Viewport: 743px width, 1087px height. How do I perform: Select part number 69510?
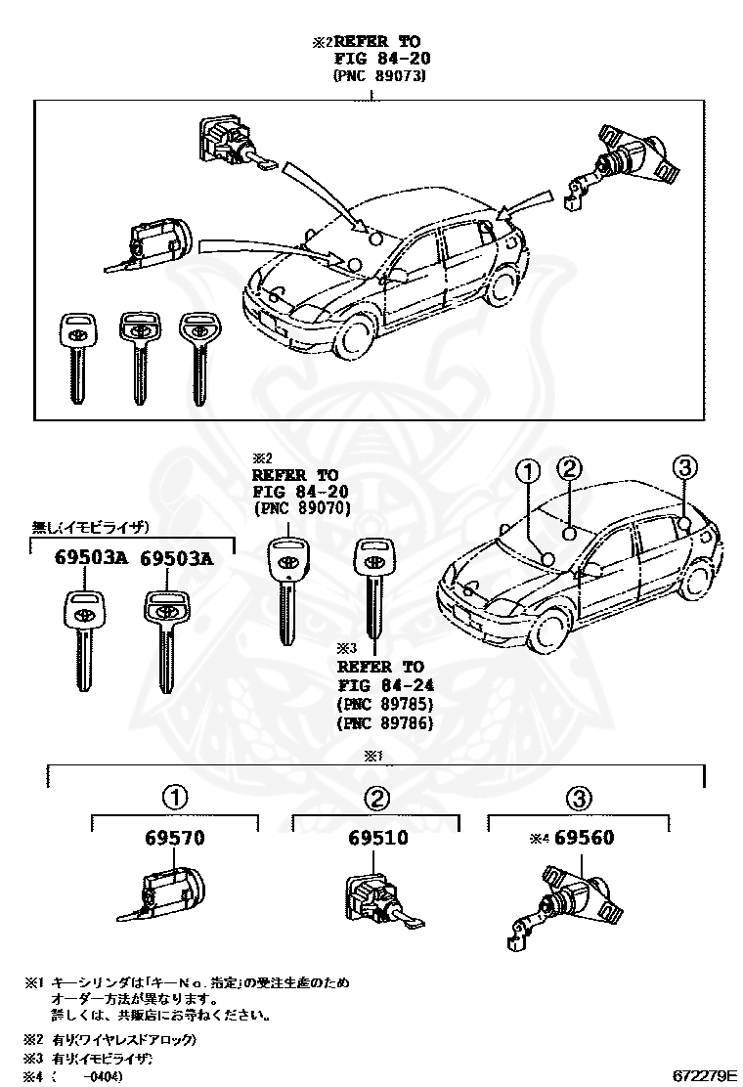click(377, 839)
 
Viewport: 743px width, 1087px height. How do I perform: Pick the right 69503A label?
click(176, 558)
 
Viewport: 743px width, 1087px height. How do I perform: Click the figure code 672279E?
click(703, 1075)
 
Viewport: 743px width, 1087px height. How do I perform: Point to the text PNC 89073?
click(379, 75)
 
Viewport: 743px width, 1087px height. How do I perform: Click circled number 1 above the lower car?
click(528, 472)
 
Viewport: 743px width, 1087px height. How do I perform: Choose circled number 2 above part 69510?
click(377, 799)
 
